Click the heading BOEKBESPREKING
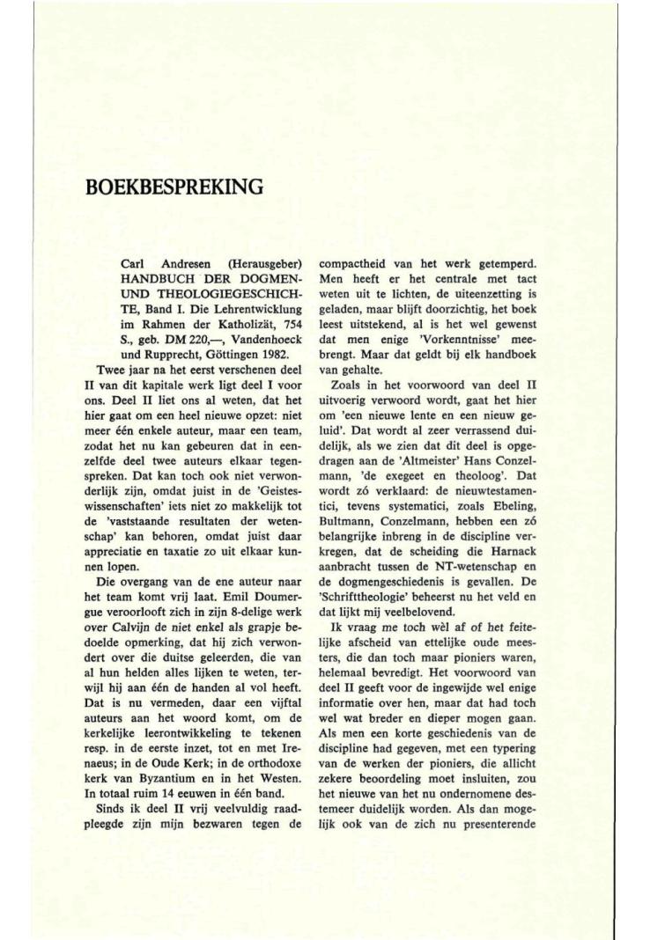pos(175,187)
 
